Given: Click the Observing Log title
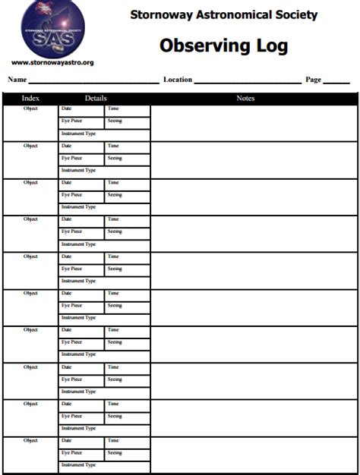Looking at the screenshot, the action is pyautogui.click(x=223, y=46).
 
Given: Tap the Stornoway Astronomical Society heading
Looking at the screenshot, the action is pyautogui.click(x=223, y=14).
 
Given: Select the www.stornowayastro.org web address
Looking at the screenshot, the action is pyautogui.click(x=52, y=62).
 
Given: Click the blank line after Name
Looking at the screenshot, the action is pyautogui.click(x=93, y=80).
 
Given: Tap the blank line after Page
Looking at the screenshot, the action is pyautogui.click(x=336, y=80).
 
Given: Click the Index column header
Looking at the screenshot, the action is pyautogui.click(x=30, y=98).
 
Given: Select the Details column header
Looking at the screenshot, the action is pyautogui.click(x=96, y=98).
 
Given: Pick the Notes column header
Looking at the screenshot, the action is pyautogui.click(x=245, y=98).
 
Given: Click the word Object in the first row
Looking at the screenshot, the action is pyautogui.click(x=30, y=109).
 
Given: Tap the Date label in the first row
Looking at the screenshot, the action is pyautogui.click(x=67, y=109).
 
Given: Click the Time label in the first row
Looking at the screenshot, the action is pyautogui.click(x=113, y=109).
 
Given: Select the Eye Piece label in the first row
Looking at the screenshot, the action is pyautogui.click(x=71, y=121).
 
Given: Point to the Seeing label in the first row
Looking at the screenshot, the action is pyautogui.click(x=115, y=121).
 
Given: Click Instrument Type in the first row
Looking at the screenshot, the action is pyautogui.click(x=78, y=134).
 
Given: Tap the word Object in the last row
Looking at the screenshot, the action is pyautogui.click(x=30, y=440).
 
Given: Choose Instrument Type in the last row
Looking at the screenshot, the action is pyautogui.click(x=78, y=465).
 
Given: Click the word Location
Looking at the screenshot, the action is pyautogui.click(x=178, y=79).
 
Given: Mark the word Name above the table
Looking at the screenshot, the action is pyautogui.click(x=17, y=79).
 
